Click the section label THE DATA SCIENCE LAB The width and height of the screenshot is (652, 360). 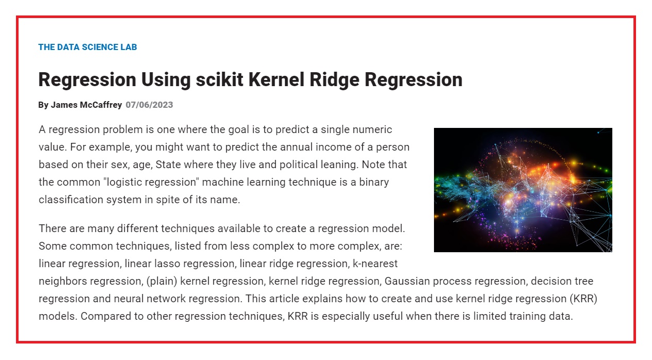tap(88, 47)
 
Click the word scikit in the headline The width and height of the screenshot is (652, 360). tap(220, 79)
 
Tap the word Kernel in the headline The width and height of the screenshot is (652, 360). tap(276, 79)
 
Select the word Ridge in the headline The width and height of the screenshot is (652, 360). tap(335, 80)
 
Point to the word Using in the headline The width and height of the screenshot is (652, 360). tap(166, 80)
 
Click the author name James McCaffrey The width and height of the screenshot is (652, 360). tap(87, 105)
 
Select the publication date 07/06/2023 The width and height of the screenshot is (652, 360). tap(149, 105)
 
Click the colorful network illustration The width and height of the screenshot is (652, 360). tap(523, 190)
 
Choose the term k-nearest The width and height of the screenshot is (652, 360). tap(375, 264)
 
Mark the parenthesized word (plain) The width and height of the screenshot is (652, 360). tap(162, 282)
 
